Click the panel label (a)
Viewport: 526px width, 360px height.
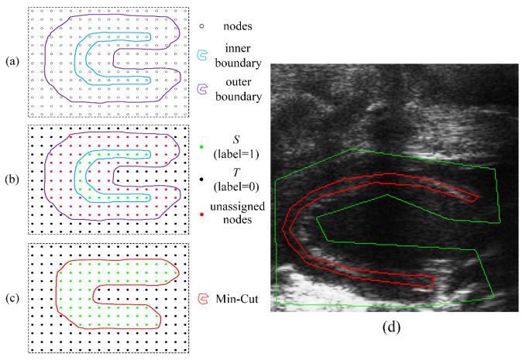12,62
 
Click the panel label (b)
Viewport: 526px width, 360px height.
12,180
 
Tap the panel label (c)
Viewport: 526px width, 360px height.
12,298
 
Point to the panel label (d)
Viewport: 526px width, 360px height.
391,327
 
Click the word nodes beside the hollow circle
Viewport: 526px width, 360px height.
238,26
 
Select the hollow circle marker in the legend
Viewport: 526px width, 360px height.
201,26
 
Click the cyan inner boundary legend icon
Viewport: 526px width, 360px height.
202,55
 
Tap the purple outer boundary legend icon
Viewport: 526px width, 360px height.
202,89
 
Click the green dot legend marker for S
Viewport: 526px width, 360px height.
201,147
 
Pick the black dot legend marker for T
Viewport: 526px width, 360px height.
201,180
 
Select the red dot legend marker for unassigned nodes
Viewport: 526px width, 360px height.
201,214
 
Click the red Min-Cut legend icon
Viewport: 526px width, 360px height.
203,299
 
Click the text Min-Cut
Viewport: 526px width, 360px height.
237,298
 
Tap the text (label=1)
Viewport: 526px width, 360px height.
236,155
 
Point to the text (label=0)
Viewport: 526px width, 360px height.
236,187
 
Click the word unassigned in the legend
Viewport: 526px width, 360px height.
237,207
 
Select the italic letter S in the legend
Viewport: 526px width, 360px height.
235,140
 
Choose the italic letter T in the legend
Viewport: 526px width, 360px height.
236,173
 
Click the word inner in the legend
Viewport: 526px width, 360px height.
238,48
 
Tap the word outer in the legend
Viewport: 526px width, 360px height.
238,82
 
